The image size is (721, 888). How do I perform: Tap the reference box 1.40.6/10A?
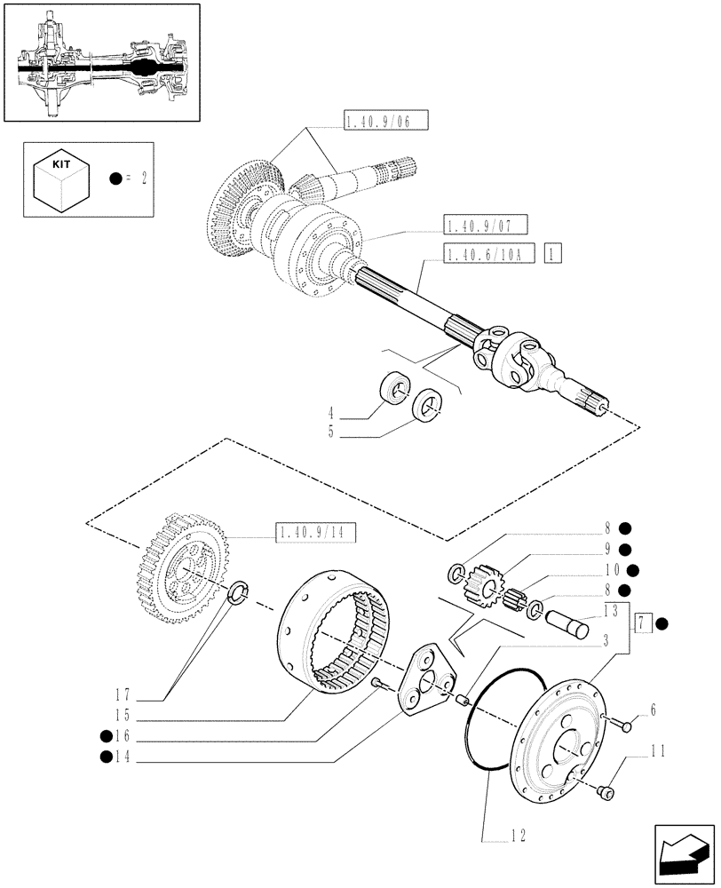pos(478,254)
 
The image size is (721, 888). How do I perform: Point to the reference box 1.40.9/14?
pos(315,533)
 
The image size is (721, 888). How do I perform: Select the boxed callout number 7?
pos(642,625)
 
